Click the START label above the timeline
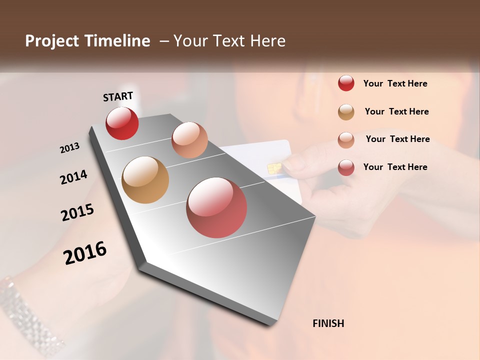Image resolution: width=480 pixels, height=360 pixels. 118,96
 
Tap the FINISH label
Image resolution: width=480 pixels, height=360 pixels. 328,323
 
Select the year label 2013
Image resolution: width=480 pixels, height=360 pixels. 69,148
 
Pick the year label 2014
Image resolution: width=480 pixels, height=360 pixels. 73,177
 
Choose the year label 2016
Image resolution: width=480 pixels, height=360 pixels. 85,252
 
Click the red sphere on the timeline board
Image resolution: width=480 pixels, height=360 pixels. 122,123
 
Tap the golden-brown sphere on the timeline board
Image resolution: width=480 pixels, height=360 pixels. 145,180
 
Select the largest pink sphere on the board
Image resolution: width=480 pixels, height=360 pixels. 216,207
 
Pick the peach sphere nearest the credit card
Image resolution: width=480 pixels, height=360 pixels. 189,140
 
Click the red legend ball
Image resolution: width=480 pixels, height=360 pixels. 346,83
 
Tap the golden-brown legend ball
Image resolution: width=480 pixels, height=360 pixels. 346,111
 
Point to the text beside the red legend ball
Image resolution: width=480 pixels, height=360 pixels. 395,83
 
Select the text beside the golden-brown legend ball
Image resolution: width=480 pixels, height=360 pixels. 396,111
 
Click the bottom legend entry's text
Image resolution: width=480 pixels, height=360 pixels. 395,167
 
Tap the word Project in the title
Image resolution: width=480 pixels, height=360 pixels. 51,41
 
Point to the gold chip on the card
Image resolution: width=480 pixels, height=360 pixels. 273,168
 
